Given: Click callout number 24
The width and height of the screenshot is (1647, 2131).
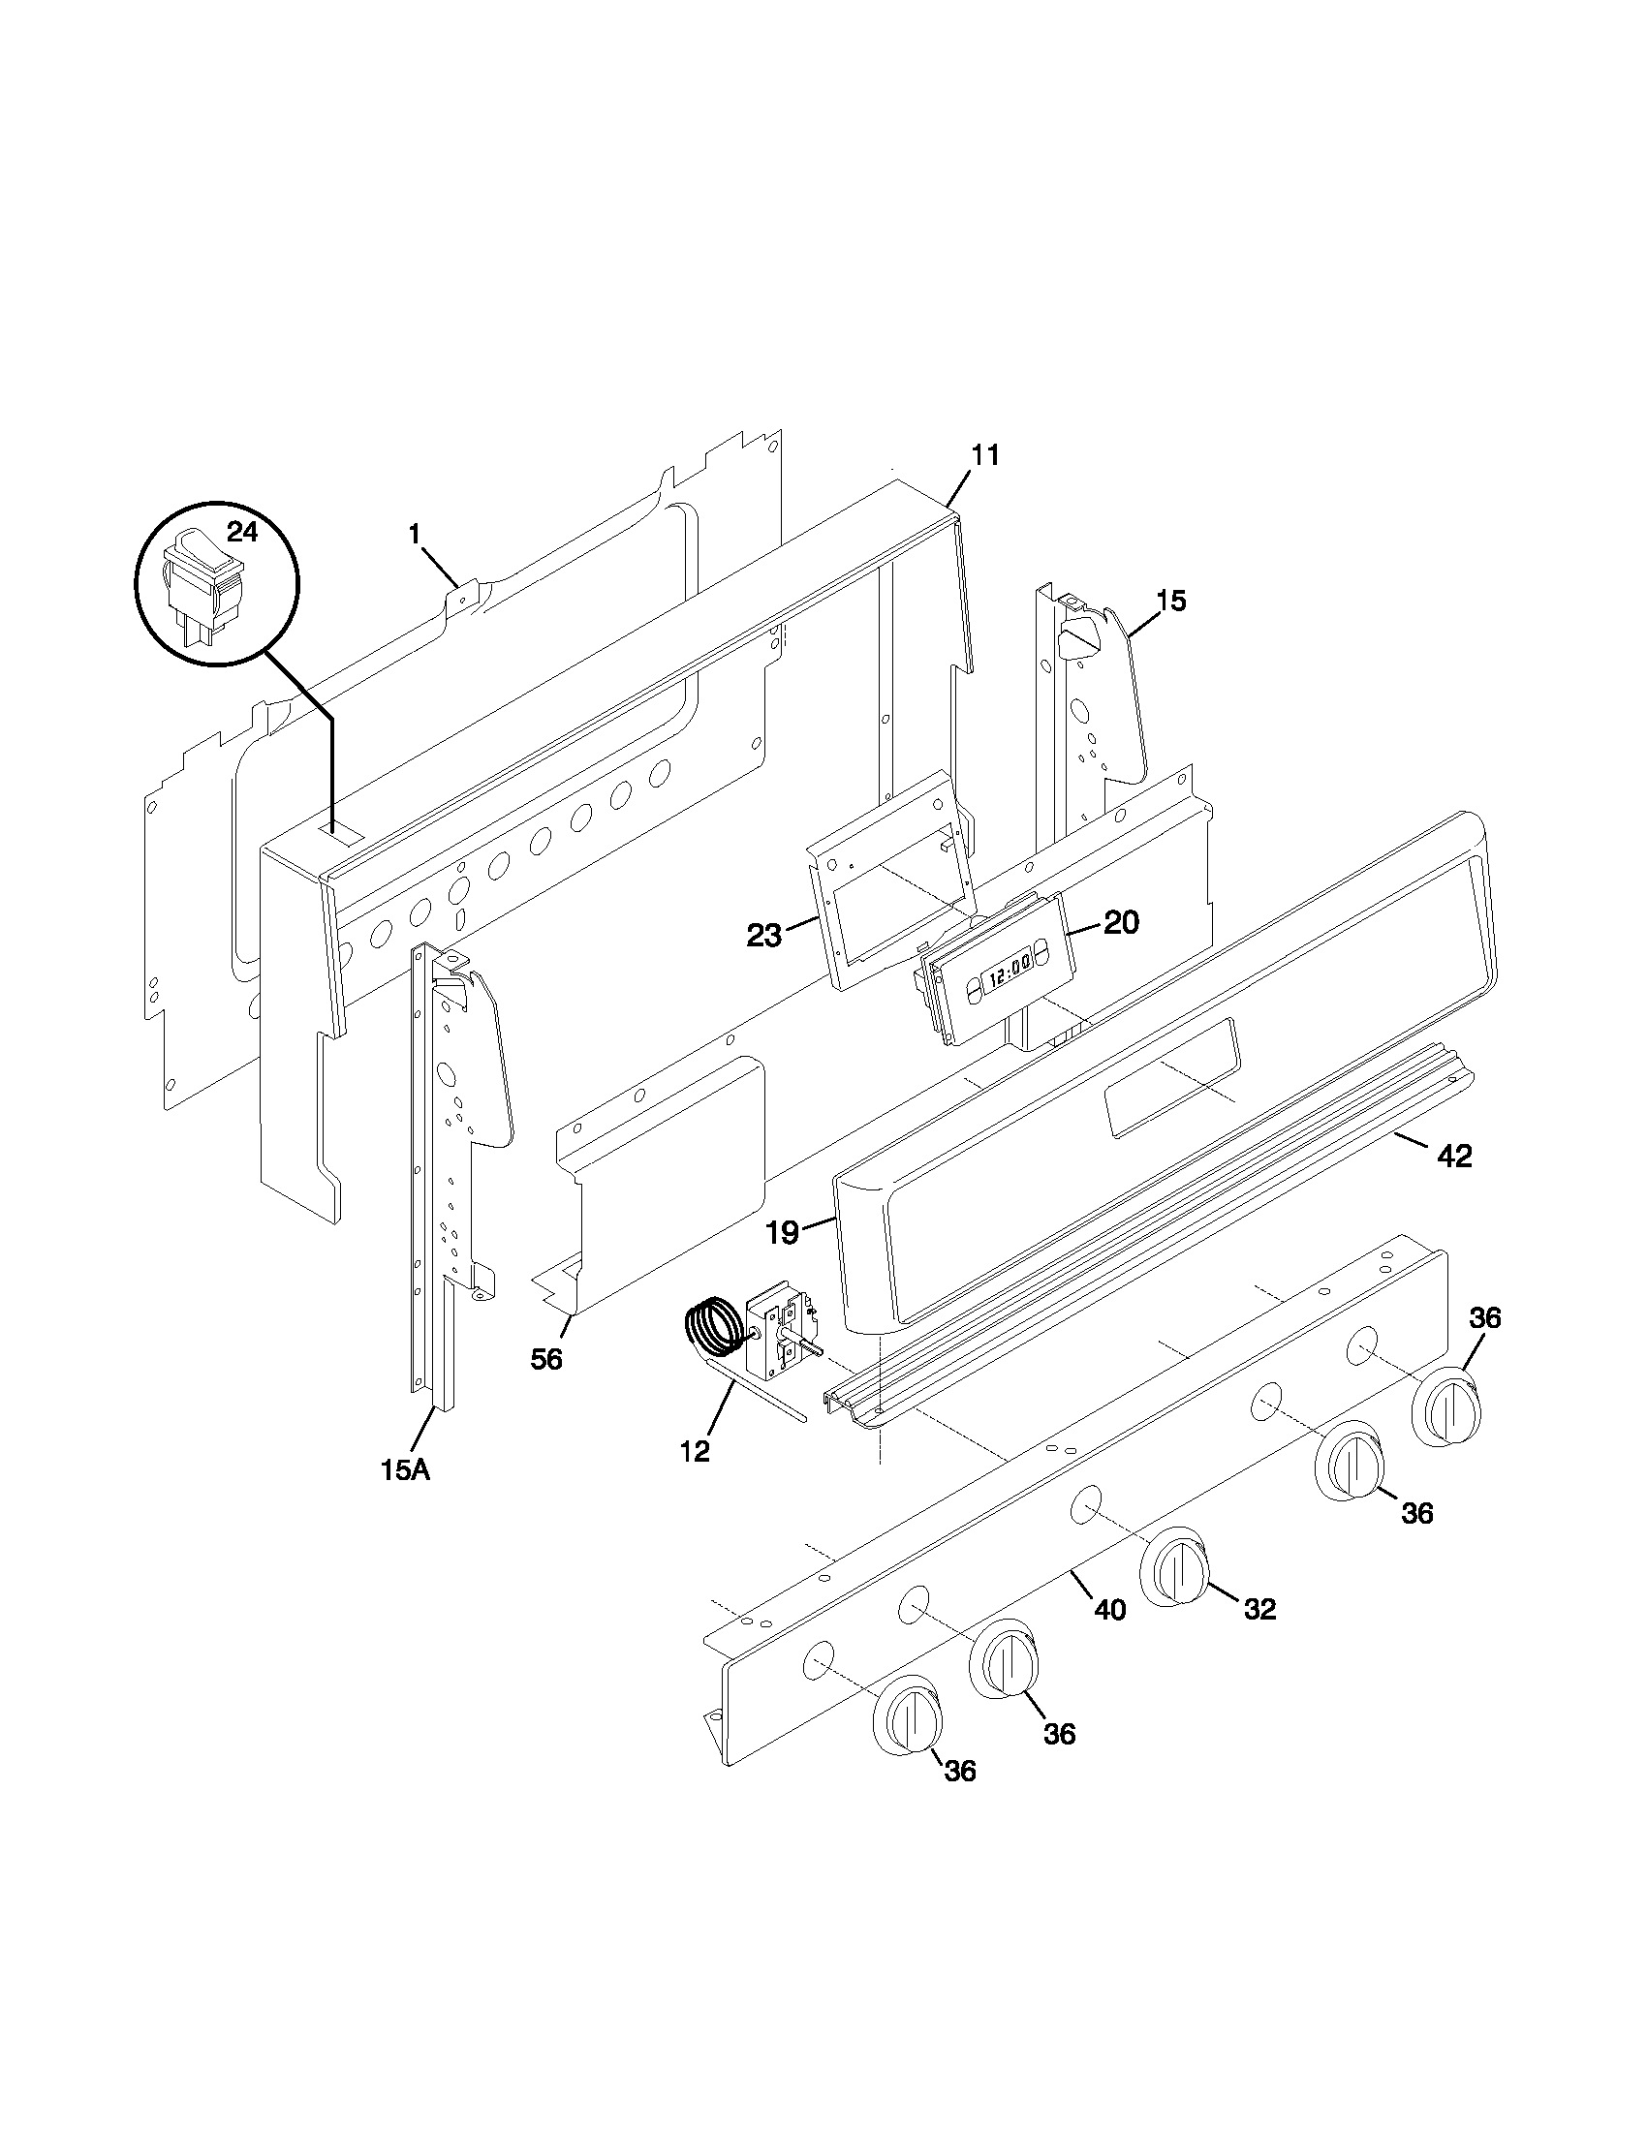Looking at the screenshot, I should click(x=243, y=531).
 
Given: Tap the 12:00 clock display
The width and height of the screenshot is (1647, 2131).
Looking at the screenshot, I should click(x=1006, y=974).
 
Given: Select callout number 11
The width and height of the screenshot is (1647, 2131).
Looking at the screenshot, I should click(x=985, y=454).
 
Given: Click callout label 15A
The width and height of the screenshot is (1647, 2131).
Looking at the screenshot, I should click(x=405, y=1497).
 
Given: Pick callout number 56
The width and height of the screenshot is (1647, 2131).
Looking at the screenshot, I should click(x=546, y=1358).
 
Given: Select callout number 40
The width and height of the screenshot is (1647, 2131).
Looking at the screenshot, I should click(x=1109, y=1609).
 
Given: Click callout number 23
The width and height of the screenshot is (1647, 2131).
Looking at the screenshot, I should click(x=764, y=936).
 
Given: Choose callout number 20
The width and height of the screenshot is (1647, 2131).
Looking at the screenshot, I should click(x=1121, y=922).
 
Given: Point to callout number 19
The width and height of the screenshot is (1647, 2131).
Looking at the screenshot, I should click(x=783, y=1232).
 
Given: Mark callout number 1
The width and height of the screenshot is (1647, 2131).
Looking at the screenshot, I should click(x=415, y=534).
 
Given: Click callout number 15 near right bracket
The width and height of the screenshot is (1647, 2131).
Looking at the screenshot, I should click(x=1171, y=601).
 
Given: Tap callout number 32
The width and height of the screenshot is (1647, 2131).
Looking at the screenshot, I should click(x=1259, y=1609).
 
